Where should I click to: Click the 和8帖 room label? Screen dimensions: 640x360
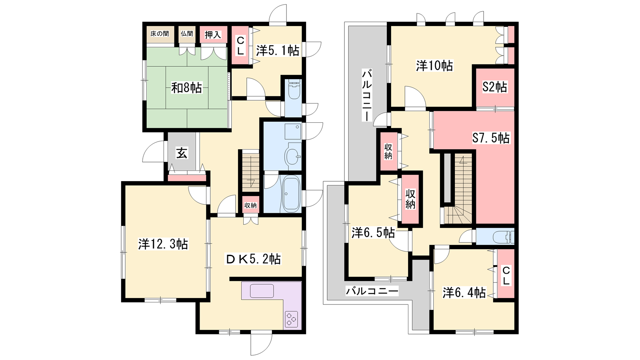point(186,88)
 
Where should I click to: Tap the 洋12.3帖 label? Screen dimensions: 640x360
point(163,244)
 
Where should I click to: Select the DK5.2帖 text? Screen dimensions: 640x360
point(253,259)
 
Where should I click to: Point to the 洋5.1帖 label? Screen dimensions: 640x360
point(278,50)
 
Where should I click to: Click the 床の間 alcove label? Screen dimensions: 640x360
point(160,34)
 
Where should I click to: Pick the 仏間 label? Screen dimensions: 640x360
point(187,34)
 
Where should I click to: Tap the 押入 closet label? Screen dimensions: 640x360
point(213,34)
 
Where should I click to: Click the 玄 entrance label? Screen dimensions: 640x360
point(182,153)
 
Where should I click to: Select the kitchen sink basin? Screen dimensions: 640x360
point(262,291)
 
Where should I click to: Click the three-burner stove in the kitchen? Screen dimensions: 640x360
point(292,318)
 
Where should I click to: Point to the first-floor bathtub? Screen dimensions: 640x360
point(291,194)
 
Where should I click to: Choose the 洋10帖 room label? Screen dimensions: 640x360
point(434,66)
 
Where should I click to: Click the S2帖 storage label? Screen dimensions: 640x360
point(495,87)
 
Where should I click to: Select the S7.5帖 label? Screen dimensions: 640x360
point(491,138)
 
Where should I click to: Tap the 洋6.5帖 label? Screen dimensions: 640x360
point(373,233)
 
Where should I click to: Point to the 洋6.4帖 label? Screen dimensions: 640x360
point(464,292)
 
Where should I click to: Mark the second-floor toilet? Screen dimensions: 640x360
point(504,237)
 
